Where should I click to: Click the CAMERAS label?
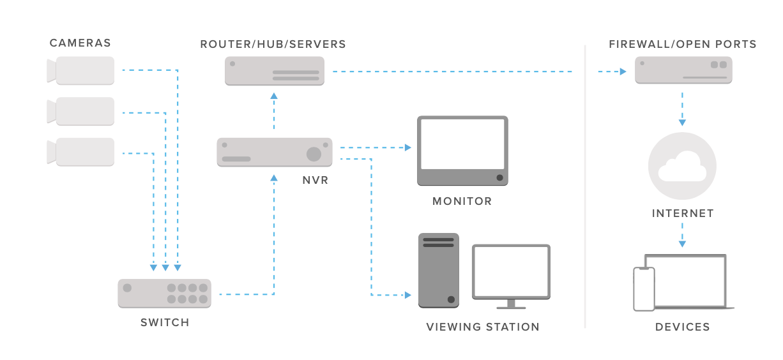tap(80, 43)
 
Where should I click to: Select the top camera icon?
tap(80, 71)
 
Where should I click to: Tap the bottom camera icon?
tap(80, 152)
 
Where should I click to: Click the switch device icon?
tap(164, 294)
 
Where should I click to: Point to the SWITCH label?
tap(165, 322)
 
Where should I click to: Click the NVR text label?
tap(315, 180)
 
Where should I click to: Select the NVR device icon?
tap(275, 152)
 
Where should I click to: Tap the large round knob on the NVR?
tap(314, 154)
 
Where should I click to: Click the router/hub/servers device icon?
tap(275, 71)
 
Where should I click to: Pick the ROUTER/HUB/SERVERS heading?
tap(273, 44)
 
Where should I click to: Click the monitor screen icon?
tap(462, 151)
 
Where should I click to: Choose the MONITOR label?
tap(462, 201)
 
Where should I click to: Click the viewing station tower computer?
tap(439, 271)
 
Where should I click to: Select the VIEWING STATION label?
tap(483, 327)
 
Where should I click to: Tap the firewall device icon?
tap(683, 70)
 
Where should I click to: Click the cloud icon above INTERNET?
tap(682, 166)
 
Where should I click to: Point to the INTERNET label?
tap(683, 213)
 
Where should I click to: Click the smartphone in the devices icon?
tap(644, 289)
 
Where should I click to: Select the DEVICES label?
tap(683, 327)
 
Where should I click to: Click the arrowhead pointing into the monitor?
tap(408, 147)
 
